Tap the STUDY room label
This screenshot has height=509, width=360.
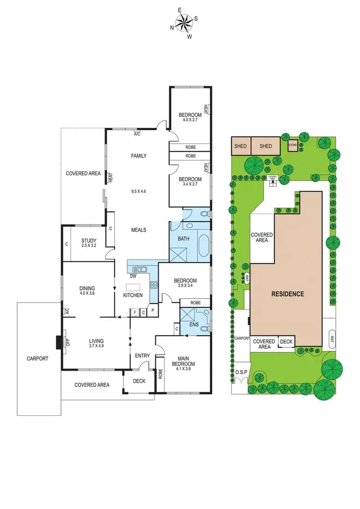pos(89,241)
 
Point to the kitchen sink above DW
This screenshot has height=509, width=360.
pos(139,269)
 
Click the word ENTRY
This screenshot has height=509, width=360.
pos(143,356)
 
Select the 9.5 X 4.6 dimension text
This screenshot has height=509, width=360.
pos(138,192)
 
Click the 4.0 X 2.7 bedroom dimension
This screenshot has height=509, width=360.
pos(190,120)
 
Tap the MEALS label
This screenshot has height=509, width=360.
pos(138,230)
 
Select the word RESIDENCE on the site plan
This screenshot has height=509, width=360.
pos(288,294)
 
